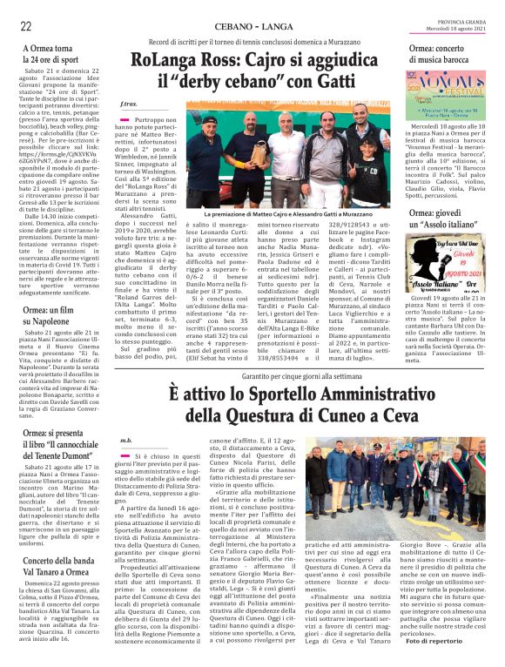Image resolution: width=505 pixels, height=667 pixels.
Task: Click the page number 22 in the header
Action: point(26,26)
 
